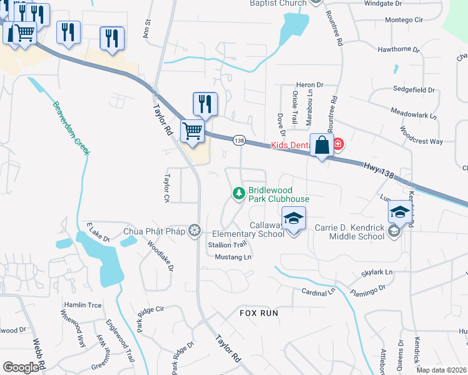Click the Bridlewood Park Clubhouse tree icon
(238, 194)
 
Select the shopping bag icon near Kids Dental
(322, 145)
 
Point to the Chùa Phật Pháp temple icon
(195, 231)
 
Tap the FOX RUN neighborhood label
(257, 312)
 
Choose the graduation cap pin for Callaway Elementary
(293, 219)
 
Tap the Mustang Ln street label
(233, 257)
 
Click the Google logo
(21, 367)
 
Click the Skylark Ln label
(377, 272)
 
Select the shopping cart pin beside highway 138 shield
(193, 132)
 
